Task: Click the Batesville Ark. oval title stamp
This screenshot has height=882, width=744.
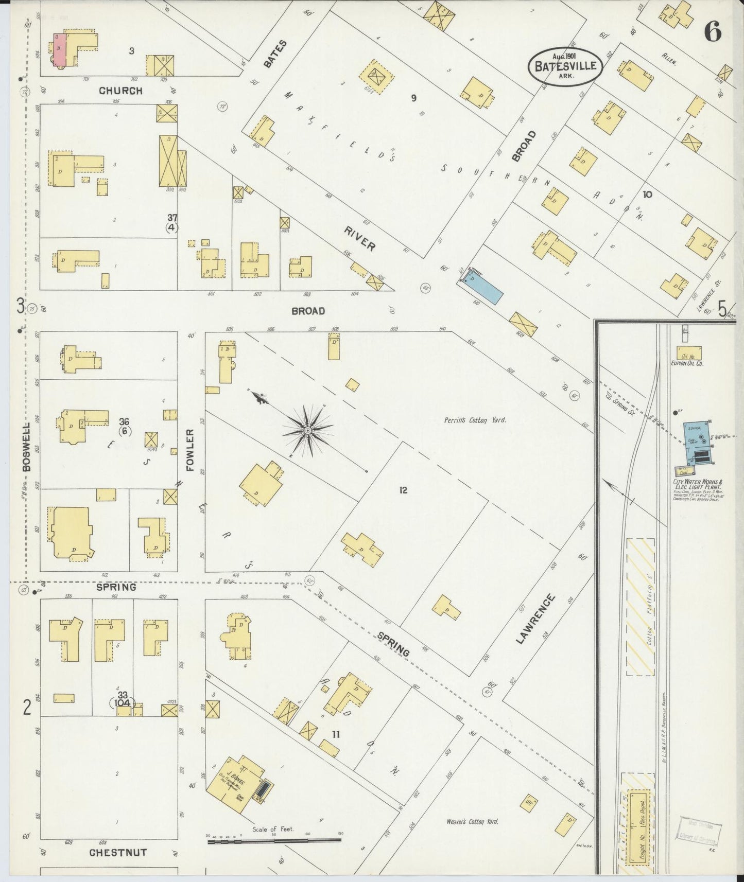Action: tap(565, 65)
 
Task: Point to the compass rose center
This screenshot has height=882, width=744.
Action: tap(307, 430)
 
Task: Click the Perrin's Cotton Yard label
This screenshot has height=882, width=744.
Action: tap(475, 420)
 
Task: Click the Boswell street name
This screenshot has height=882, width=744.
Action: tap(27, 447)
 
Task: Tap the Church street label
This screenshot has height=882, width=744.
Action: tap(120, 91)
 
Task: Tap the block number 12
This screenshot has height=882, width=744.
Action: tap(403, 490)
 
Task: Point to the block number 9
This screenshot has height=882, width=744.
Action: tap(413, 98)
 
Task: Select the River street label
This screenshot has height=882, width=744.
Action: tap(360, 239)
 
